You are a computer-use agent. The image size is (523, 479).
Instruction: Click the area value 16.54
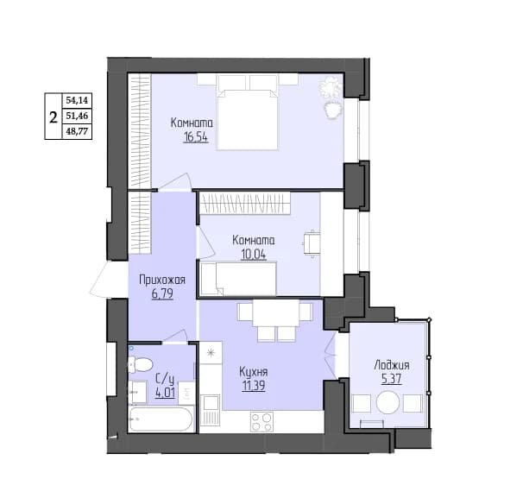pyautogui.click(x=196, y=137)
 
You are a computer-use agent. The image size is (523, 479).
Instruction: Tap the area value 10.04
pyautogui.click(x=254, y=255)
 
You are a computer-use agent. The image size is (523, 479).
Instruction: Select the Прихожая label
pyautogui.click(x=162, y=280)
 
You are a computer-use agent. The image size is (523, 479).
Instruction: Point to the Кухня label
pyautogui.click(x=254, y=372)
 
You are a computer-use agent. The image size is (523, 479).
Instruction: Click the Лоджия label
pyautogui.click(x=392, y=365)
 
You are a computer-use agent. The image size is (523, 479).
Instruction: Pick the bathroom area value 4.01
pyautogui.click(x=165, y=393)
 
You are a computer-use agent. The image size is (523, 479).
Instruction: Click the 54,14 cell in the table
pyautogui.click(x=77, y=100)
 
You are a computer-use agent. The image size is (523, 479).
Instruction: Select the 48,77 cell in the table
pyautogui.click(x=77, y=131)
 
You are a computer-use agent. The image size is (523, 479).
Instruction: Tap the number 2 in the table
pyautogui.click(x=54, y=117)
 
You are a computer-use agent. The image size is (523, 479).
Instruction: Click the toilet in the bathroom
pyautogui.click(x=140, y=364)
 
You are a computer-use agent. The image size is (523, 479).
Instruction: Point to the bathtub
pyautogui.click(x=161, y=419)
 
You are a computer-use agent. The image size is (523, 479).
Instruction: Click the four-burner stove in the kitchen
pyautogui.click(x=262, y=422)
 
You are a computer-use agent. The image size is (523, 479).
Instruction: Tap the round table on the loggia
pyautogui.click(x=388, y=402)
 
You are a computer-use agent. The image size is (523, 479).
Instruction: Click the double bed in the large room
pyautogui.click(x=247, y=112)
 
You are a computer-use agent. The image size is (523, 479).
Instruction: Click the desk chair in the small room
pyautogui.click(x=312, y=243)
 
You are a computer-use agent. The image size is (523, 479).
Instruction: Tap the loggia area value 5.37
pyautogui.click(x=392, y=379)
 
